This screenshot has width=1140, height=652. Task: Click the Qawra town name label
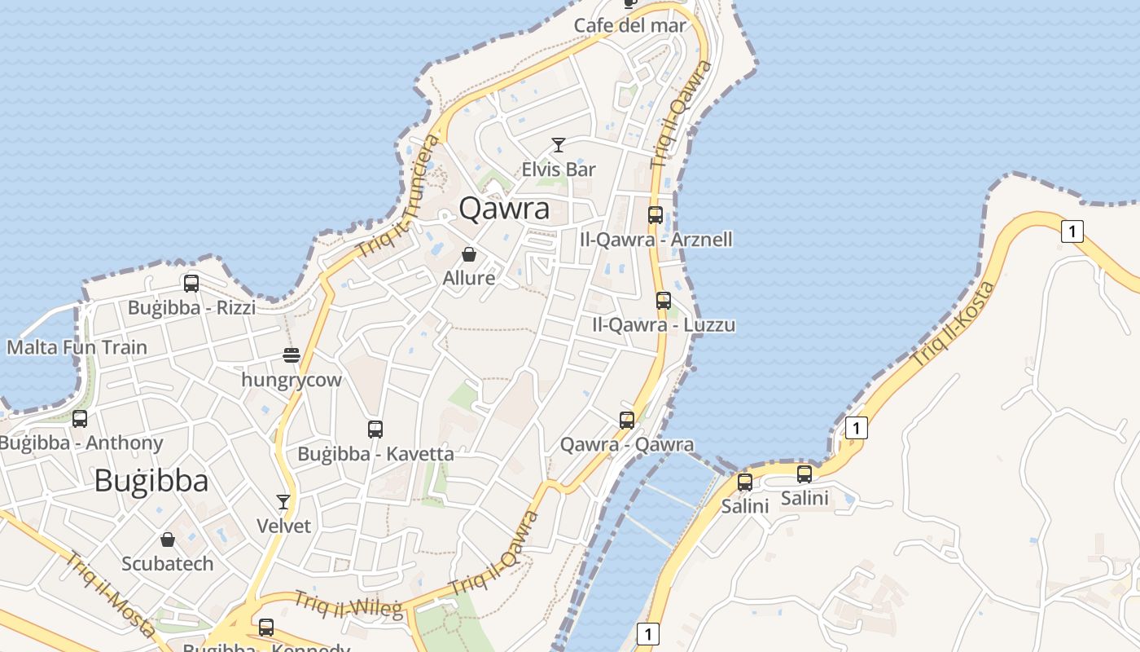504,209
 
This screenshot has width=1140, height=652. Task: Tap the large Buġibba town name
151,481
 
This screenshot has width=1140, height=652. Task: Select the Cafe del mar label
630,25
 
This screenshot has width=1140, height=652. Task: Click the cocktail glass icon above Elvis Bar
558,145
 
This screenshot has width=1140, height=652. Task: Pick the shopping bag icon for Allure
468,254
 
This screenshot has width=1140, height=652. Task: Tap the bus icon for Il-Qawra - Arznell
655,215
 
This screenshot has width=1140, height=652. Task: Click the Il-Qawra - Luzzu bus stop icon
664,300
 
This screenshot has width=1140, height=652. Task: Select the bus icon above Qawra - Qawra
626,421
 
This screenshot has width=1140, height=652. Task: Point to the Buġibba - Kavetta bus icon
375,429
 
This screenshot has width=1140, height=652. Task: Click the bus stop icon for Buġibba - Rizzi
191,283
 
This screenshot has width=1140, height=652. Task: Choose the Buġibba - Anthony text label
81,443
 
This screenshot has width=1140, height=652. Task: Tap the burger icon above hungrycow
292,355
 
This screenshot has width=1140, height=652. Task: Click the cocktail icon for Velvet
283,501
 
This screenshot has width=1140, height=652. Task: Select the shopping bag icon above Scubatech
168,540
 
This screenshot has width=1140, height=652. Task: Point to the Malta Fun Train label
77,347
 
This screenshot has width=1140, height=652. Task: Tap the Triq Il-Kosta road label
954,324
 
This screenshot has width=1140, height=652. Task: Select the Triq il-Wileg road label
348,605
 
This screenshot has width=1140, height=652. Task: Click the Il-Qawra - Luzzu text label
664,325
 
